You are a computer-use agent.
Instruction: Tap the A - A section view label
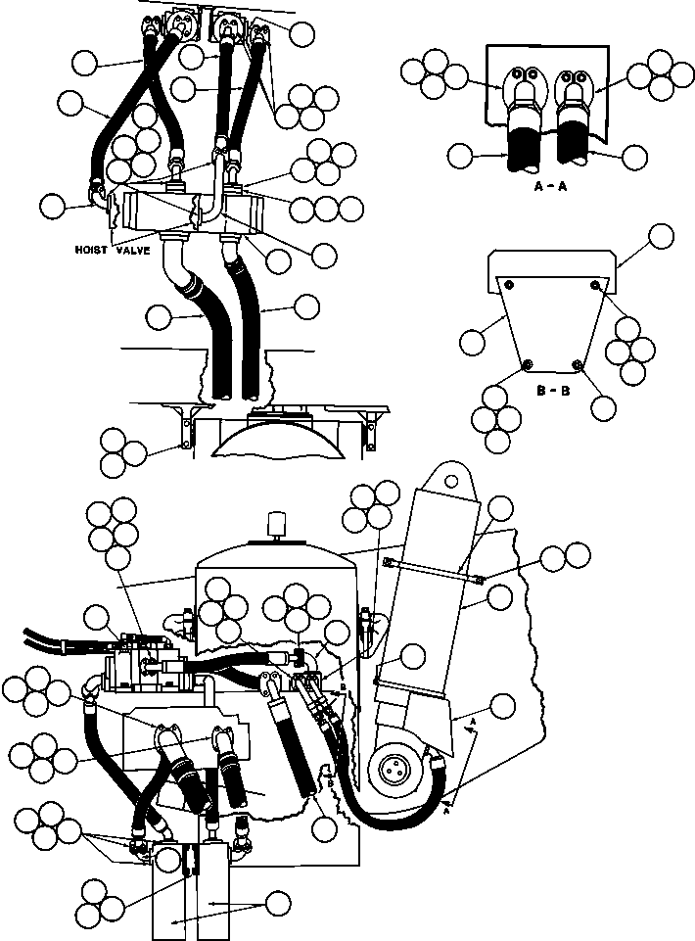pyautogui.click(x=550, y=187)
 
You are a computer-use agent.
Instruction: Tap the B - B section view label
pyautogui.click(x=553, y=392)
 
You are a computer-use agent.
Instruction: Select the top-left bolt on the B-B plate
pyautogui.click(x=509, y=284)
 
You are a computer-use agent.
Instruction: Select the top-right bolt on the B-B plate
pyautogui.click(x=595, y=284)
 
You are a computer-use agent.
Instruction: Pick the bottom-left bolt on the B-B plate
pyautogui.click(x=528, y=363)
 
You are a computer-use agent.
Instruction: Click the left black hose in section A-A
pyautogui.click(x=526, y=143)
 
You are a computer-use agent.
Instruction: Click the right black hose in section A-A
pyautogui.click(x=575, y=140)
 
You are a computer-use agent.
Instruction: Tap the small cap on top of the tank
pyautogui.click(x=277, y=525)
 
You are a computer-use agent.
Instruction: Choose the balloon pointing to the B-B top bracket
pyautogui.click(x=662, y=236)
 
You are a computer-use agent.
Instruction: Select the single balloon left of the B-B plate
pyautogui.click(x=473, y=343)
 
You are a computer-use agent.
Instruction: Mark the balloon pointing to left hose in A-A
pyautogui.click(x=460, y=156)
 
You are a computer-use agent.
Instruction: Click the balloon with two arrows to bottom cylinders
pyautogui.click(x=278, y=903)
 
